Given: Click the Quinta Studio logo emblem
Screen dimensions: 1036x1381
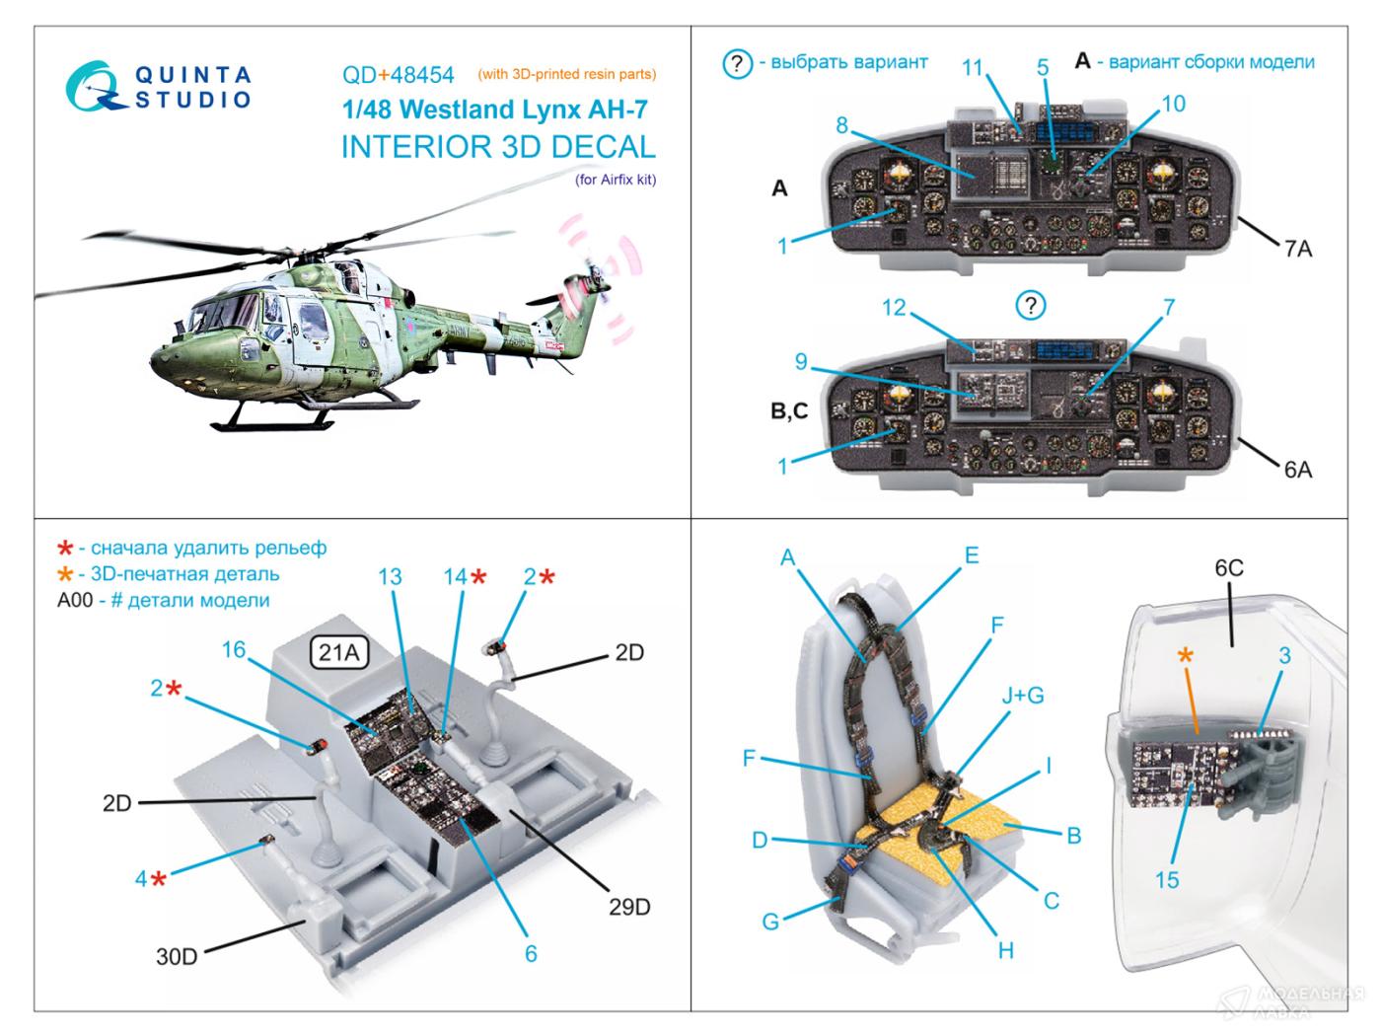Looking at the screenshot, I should click(x=97, y=87).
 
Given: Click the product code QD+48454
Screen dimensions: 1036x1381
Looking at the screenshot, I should click(x=398, y=75).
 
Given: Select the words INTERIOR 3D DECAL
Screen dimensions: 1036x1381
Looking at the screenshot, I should click(x=497, y=147).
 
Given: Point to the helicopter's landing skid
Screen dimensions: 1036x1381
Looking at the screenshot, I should click(x=271, y=419).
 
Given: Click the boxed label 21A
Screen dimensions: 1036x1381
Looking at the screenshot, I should click(x=338, y=652).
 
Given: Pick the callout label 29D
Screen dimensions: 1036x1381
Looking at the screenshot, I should click(x=628, y=907).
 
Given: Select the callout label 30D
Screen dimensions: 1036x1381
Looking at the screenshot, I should click(x=176, y=956).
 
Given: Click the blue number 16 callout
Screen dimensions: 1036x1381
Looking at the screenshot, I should click(x=233, y=649).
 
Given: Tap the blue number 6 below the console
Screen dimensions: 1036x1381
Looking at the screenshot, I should click(x=531, y=953).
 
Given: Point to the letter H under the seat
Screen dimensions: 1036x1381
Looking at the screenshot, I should click(x=1005, y=951).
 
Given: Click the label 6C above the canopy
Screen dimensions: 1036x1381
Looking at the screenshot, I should click(x=1228, y=567).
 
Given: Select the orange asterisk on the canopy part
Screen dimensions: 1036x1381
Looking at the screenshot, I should click(x=1186, y=655).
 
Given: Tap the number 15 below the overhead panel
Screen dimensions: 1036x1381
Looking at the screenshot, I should click(x=1166, y=879).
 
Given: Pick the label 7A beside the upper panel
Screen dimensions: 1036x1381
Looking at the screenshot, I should click(x=1298, y=250).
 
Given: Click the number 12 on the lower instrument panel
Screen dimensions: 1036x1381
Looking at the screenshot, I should click(x=894, y=307).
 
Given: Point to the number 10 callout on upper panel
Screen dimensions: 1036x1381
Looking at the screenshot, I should click(x=1173, y=104).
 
